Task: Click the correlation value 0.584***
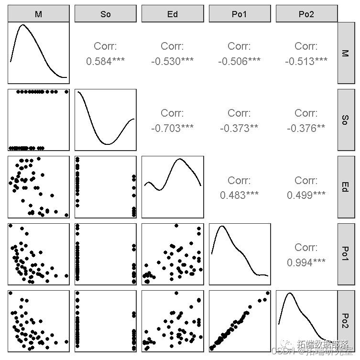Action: [x=106, y=61]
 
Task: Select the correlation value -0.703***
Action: [x=173, y=128]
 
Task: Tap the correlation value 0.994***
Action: [x=306, y=262]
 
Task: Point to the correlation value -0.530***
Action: [x=173, y=61]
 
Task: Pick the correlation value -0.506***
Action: [x=240, y=61]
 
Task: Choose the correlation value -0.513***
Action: [x=306, y=61]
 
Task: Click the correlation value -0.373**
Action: [x=240, y=128]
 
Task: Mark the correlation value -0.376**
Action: [x=306, y=128]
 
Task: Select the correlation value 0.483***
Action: [x=240, y=195]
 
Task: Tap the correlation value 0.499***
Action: [x=306, y=195]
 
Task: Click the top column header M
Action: [x=39, y=14]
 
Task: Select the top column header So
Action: [x=106, y=14]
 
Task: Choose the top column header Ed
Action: [x=173, y=14]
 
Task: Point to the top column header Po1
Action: [x=240, y=14]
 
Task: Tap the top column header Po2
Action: [x=306, y=14]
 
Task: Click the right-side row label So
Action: [x=346, y=120]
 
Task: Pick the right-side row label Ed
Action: [x=346, y=186]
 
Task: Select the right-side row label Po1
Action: [x=346, y=253]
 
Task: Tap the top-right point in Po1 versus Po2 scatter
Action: [x=267, y=293]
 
